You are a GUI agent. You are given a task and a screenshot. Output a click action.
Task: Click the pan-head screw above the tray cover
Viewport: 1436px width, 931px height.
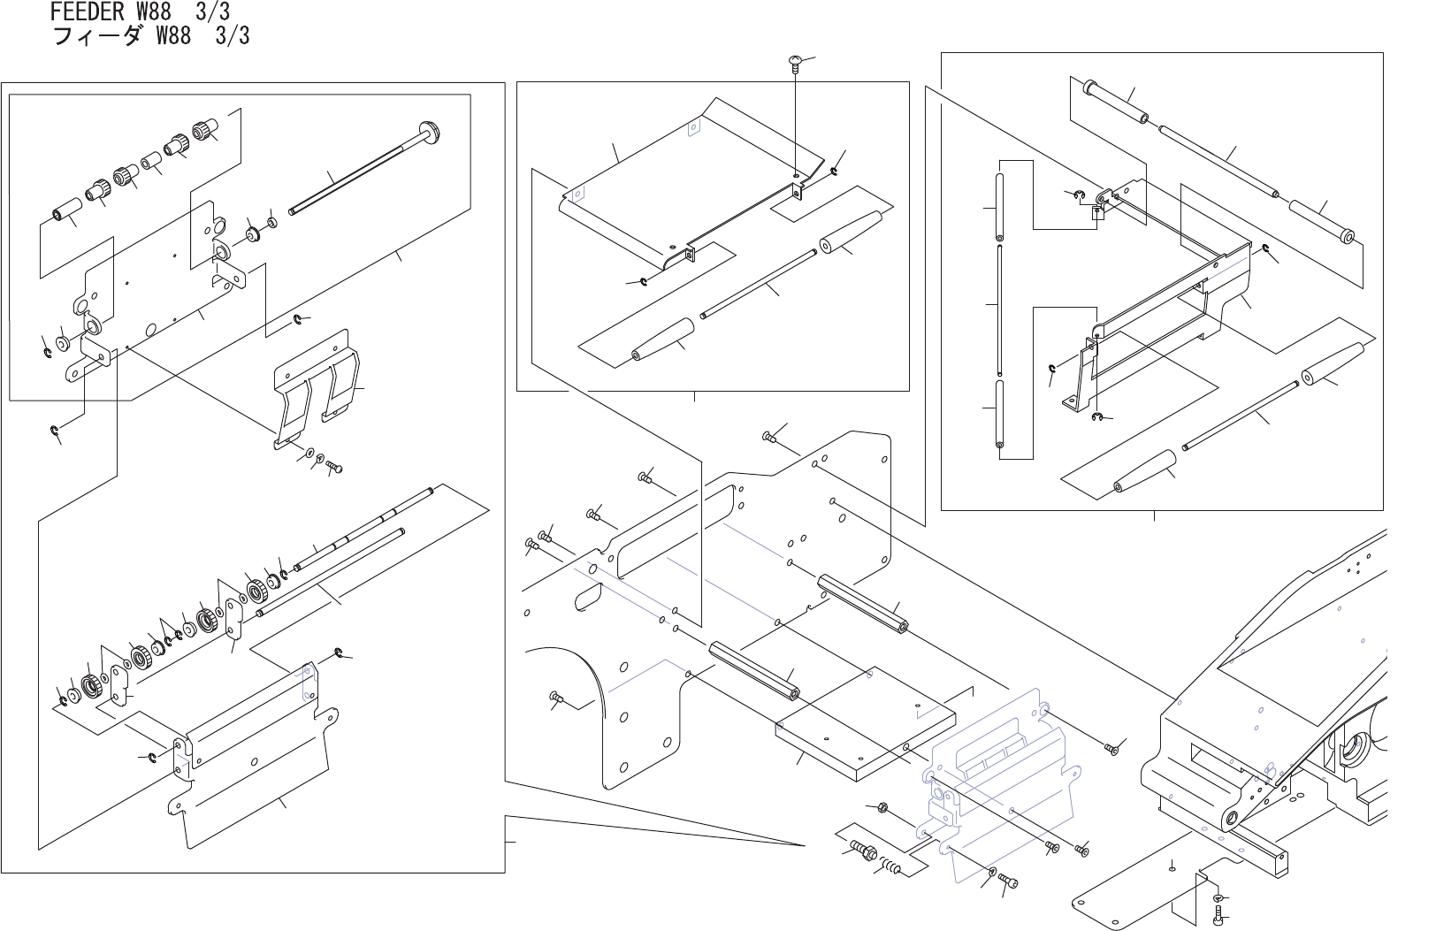tap(794, 61)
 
